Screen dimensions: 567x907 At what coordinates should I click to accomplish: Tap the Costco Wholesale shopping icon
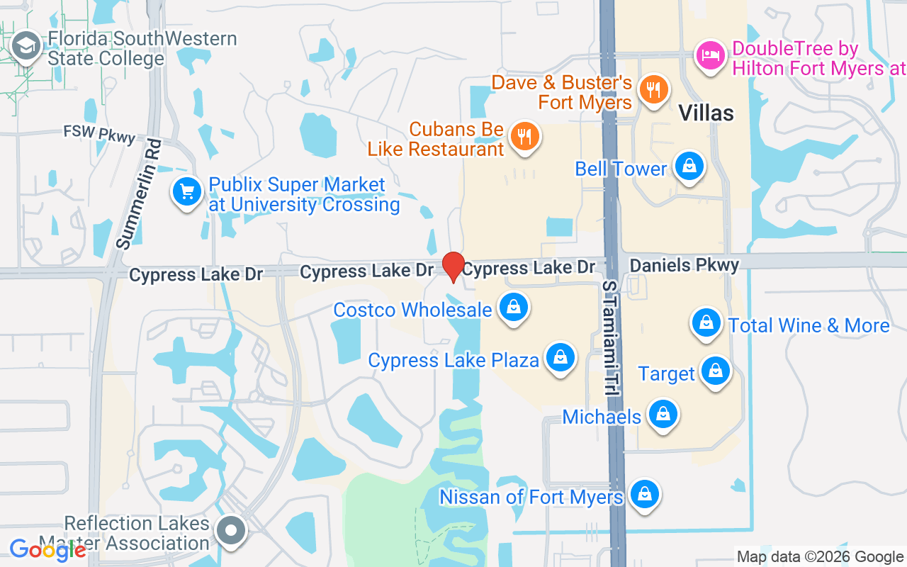pyautogui.click(x=514, y=308)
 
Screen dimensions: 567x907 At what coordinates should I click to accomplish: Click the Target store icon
pyautogui.click(x=716, y=370)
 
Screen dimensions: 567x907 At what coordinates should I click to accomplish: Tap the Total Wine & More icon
pyautogui.click(x=706, y=322)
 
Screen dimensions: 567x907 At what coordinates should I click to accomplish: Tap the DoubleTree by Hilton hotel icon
pyautogui.click(x=710, y=55)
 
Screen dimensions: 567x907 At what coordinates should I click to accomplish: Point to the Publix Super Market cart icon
pyautogui.click(x=187, y=191)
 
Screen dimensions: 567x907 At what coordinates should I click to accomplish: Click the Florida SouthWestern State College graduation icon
pyautogui.click(x=27, y=47)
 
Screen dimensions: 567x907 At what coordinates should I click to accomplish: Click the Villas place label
pyautogui.click(x=706, y=112)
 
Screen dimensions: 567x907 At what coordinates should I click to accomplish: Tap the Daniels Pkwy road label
pyautogui.click(x=684, y=265)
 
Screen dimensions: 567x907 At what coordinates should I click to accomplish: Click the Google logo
pyautogui.click(x=47, y=549)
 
